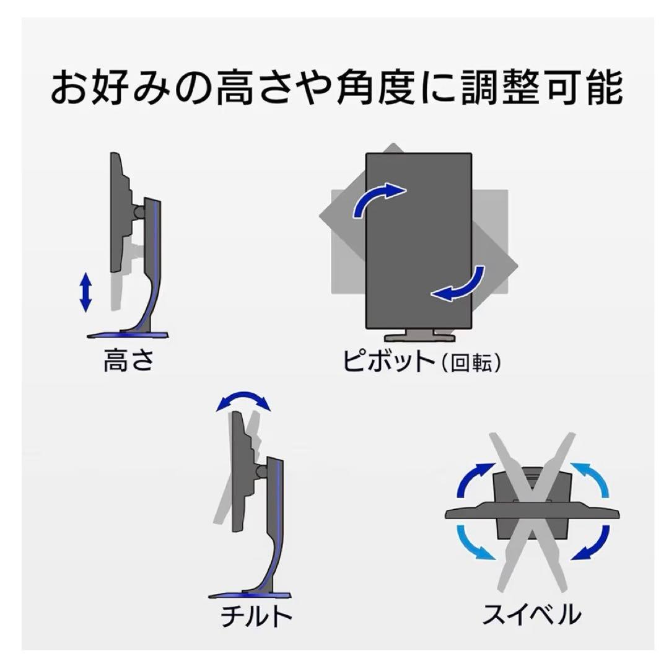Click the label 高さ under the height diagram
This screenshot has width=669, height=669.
[x=129, y=360]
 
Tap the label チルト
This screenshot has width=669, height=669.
[x=256, y=616]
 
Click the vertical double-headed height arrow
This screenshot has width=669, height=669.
[x=85, y=292]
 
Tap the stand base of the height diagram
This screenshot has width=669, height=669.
[x=128, y=335]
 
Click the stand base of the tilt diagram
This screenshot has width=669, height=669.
[x=250, y=595]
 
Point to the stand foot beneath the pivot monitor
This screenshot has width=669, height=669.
[x=419, y=336]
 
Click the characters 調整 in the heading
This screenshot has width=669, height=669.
[x=502, y=88]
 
